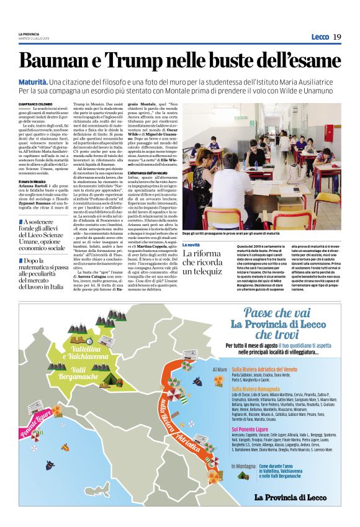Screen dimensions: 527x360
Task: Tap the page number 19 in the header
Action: tap(337, 37)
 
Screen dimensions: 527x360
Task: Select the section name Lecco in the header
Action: tap(320, 37)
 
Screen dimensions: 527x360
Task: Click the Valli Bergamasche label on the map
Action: tap(74, 373)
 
